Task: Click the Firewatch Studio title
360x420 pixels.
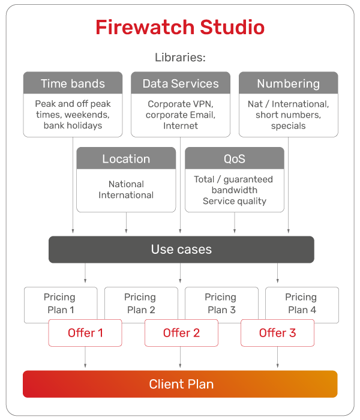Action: click(x=180, y=28)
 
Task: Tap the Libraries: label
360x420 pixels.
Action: click(x=180, y=58)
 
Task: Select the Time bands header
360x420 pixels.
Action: click(x=73, y=83)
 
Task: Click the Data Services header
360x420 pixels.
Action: click(x=181, y=83)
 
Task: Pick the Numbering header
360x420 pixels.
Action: click(x=289, y=83)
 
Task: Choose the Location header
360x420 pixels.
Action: click(x=126, y=158)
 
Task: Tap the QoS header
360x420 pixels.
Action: click(x=235, y=158)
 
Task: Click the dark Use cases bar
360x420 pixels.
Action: click(x=181, y=250)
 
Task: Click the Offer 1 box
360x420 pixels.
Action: click(x=85, y=333)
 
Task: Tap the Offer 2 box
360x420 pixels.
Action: click(x=181, y=333)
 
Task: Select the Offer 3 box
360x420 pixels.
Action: click(x=277, y=333)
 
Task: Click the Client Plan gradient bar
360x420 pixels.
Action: click(x=180, y=384)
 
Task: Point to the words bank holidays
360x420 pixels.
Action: click(x=73, y=125)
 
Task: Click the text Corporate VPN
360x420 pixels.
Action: click(x=180, y=104)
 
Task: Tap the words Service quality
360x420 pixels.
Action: click(x=235, y=201)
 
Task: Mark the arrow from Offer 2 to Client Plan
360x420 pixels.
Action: click(x=180, y=357)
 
